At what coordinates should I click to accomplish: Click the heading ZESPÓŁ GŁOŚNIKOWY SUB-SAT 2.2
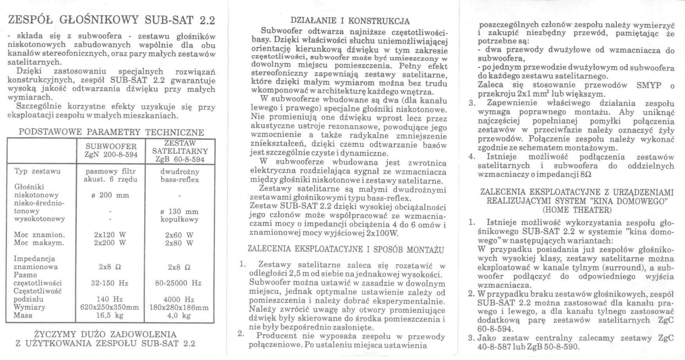(x=112, y=20)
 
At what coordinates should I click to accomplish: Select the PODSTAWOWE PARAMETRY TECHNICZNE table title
(x=111, y=132)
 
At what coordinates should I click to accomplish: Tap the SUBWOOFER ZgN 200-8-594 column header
(x=111, y=150)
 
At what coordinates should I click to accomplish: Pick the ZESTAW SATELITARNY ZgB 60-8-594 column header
(x=180, y=151)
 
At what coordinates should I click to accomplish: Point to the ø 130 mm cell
(x=179, y=211)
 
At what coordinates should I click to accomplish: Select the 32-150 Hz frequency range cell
(x=110, y=283)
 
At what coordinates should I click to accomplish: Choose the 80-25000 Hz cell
(x=178, y=283)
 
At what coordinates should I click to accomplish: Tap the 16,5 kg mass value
(x=110, y=315)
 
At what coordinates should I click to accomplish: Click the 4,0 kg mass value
(x=179, y=315)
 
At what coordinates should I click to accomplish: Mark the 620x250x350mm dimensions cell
(x=110, y=307)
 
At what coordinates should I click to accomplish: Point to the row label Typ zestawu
(x=38, y=171)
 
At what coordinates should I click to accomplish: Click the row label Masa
(x=23, y=315)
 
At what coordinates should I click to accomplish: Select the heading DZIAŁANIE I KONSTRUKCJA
(x=350, y=21)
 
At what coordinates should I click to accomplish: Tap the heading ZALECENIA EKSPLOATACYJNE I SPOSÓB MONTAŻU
(x=346, y=249)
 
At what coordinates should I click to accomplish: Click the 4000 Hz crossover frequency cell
(x=179, y=299)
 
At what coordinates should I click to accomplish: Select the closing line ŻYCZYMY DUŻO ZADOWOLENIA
(x=105, y=335)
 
